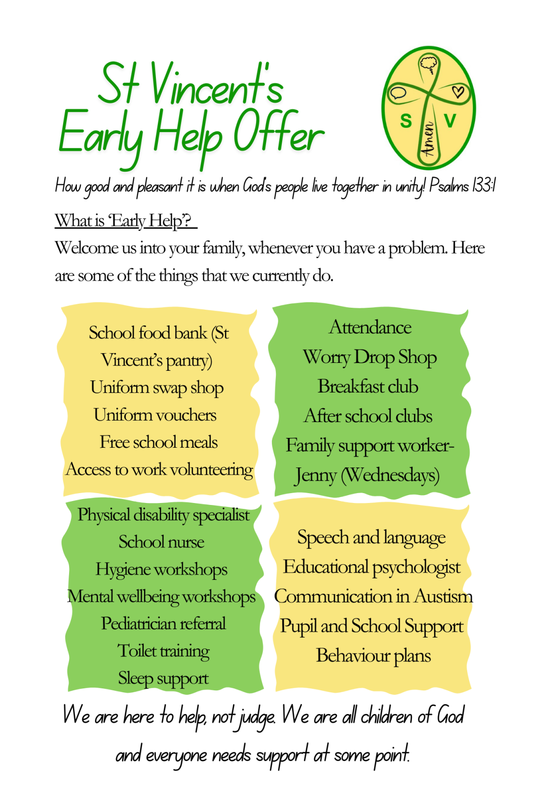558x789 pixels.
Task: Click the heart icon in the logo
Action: point(458,92)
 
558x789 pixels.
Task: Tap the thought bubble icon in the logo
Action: point(428,64)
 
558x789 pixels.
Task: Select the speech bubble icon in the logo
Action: point(397,93)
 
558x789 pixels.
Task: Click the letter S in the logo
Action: point(406,121)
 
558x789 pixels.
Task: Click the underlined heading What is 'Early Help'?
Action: point(125,220)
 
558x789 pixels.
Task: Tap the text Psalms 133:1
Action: point(462,186)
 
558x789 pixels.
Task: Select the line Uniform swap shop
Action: point(157,388)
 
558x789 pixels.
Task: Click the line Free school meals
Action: point(158,442)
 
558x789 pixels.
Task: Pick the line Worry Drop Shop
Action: point(370,357)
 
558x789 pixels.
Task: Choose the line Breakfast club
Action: point(368,386)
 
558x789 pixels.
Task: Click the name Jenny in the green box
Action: point(316,475)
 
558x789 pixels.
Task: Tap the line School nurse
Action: point(161,542)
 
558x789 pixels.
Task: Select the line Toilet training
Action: point(163,651)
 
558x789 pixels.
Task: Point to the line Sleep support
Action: point(163,679)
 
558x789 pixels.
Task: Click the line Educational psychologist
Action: point(372,567)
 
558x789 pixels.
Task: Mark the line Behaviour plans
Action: point(373,656)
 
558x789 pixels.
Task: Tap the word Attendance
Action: point(370,327)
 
